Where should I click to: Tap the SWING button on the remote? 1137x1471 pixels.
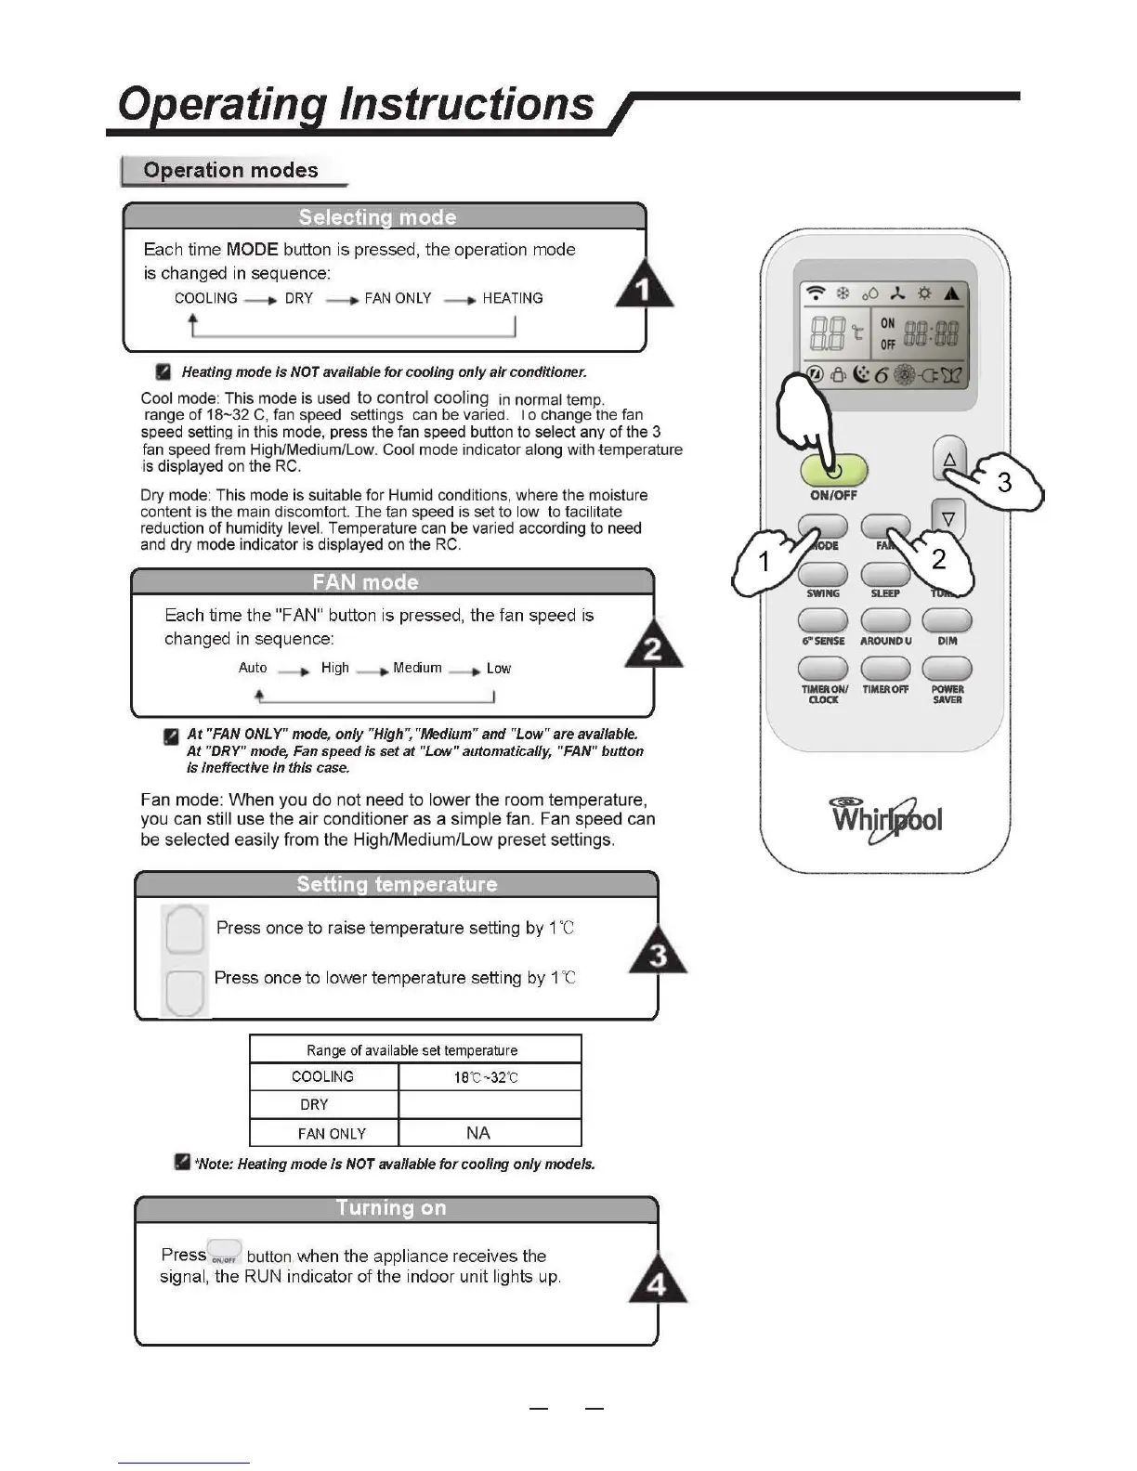pos(822,575)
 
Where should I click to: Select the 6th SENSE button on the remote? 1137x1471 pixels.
pos(822,620)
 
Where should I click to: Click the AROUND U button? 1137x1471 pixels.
pos(885,620)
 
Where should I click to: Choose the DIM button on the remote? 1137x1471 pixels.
pos(947,620)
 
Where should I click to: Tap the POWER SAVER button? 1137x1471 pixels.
pos(947,669)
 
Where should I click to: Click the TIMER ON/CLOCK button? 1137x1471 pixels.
pos(822,669)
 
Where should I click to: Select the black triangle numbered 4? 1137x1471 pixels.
pos(658,1282)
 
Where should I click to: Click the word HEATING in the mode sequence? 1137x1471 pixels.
pos(513,298)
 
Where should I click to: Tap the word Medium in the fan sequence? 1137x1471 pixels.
pos(417,668)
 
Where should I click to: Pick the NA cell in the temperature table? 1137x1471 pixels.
pos(478,1133)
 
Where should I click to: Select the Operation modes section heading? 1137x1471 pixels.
pos(230,171)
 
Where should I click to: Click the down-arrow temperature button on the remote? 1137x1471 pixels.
pos(948,518)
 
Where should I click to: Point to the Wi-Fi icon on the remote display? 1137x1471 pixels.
pos(816,293)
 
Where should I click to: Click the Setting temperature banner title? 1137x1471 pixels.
pos(397,884)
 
